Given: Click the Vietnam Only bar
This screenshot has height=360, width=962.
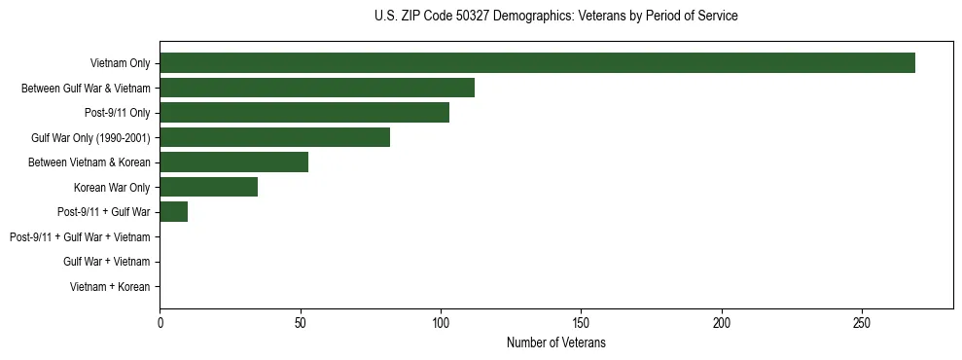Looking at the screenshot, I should click(x=537, y=63).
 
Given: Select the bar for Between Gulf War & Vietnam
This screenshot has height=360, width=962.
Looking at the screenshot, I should click(x=317, y=88).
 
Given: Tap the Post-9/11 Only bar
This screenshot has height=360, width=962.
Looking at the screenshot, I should click(x=304, y=113).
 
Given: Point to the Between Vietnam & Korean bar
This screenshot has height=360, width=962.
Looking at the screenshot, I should click(x=233, y=162).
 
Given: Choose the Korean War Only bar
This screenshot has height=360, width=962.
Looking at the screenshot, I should click(x=208, y=187).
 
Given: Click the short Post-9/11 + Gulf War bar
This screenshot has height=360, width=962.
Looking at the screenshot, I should click(x=173, y=212).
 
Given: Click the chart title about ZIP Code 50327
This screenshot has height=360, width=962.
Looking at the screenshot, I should click(x=555, y=17).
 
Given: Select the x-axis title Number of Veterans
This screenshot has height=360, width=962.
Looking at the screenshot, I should click(x=555, y=342).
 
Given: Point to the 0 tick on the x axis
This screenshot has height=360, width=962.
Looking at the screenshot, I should click(x=160, y=322).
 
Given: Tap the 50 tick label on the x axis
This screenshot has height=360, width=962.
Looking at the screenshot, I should click(x=301, y=322).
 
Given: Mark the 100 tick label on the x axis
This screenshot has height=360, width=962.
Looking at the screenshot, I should click(x=441, y=322).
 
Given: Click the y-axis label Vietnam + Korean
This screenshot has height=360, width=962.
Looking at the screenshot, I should click(x=110, y=287).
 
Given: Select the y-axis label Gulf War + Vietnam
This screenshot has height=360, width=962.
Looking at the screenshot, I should click(x=106, y=262).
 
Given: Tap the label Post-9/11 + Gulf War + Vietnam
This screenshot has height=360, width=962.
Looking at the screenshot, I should click(x=80, y=237).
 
